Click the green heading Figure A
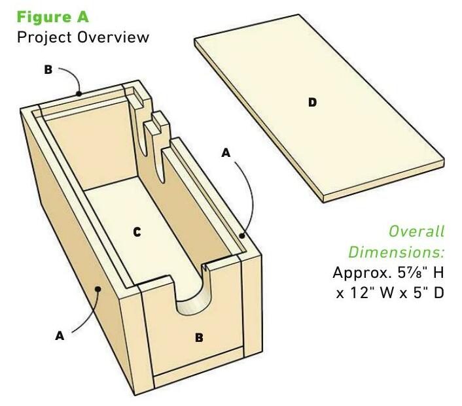click(x=53, y=17)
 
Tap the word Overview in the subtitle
click(x=113, y=37)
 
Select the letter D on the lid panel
click(x=312, y=103)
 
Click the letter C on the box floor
click(x=137, y=232)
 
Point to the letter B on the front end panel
click(x=199, y=337)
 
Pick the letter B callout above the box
click(x=48, y=70)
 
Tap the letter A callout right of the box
click(x=226, y=153)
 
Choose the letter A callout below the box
click(x=60, y=335)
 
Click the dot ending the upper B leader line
click(x=79, y=93)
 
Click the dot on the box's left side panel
click(x=98, y=289)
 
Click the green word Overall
click(x=416, y=231)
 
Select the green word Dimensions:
click(x=397, y=252)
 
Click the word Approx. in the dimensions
click(x=362, y=273)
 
